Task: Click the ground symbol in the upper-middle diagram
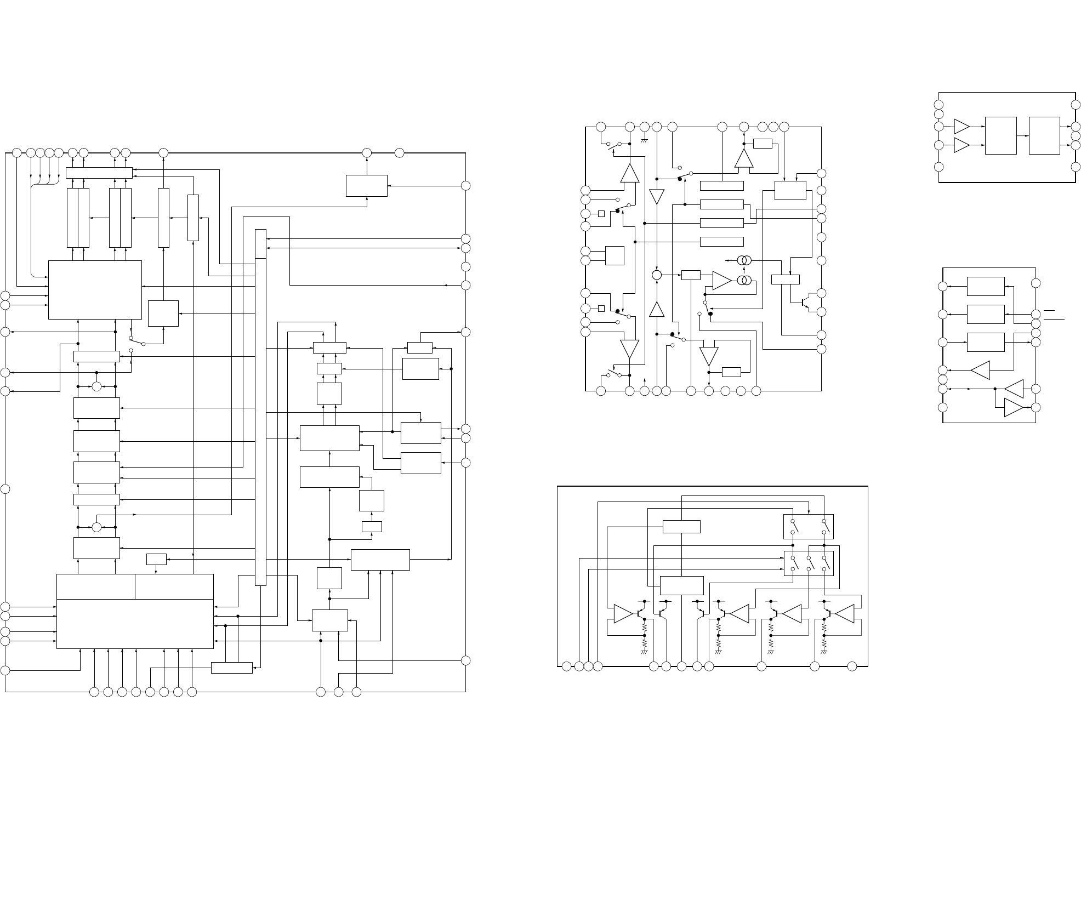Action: click(645, 139)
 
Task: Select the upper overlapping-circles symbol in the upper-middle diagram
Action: click(743, 260)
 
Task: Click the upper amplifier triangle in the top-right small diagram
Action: click(961, 126)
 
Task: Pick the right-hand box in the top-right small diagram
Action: click(1044, 135)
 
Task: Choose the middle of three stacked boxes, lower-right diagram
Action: click(985, 314)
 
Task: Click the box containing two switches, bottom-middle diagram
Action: click(809, 526)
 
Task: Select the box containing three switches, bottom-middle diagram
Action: click(809, 563)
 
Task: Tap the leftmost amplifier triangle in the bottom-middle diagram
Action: click(623, 614)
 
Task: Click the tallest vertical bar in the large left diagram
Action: click(261, 407)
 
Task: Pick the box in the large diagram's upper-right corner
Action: click(366, 186)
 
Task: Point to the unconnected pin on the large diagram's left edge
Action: click(5, 489)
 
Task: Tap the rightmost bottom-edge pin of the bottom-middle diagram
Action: click(852, 666)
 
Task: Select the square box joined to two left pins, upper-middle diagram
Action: click(615, 255)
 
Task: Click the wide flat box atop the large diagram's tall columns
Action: click(99, 173)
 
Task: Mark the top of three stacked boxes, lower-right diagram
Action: click(985, 286)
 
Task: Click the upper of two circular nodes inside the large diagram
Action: click(96, 386)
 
